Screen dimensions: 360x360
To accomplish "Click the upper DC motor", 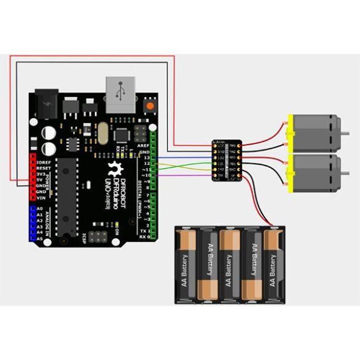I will point(316,132).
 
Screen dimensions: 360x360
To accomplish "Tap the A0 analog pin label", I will point(39,209).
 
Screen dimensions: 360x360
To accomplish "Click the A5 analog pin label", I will point(39,238).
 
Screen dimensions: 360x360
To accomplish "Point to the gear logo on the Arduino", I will point(113,170).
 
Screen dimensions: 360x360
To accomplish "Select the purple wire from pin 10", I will point(185,177).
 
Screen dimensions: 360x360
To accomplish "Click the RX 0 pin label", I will point(143,236).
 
